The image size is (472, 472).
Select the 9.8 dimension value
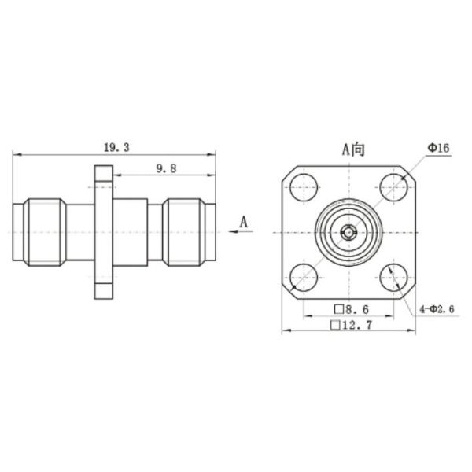165,168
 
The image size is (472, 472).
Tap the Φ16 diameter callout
438,147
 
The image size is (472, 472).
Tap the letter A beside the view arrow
244,222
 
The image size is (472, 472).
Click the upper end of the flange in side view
104,175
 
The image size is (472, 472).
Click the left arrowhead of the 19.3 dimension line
15,155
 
